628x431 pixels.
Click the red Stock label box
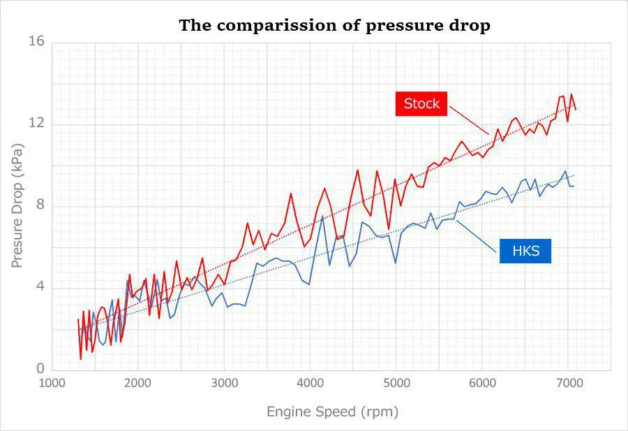coord(421,103)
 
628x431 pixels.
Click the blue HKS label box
coord(525,250)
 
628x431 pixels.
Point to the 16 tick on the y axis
coord(36,42)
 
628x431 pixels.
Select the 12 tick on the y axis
coord(36,124)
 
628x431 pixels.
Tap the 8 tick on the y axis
coord(40,205)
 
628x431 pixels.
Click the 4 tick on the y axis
coord(40,287)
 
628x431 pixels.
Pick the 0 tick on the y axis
coord(40,369)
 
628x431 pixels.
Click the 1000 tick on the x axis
coord(52,383)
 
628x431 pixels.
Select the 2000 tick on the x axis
coord(138,383)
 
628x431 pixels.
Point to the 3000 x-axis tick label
coord(225,383)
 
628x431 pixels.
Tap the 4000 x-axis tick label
coord(311,383)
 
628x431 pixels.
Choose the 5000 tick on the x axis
coord(396,383)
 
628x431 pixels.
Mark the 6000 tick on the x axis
coord(482,383)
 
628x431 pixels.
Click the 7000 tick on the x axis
coord(568,383)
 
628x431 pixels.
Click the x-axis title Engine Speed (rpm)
coord(332,411)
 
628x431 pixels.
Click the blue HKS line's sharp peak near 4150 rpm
coord(322,217)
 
